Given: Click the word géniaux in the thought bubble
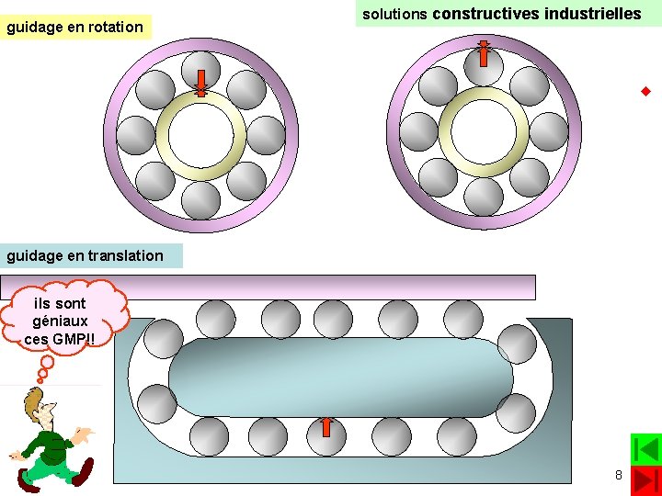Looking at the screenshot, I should click(60, 321).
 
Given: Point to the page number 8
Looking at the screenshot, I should click(618, 475).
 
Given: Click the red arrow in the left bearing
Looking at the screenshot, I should click(201, 82).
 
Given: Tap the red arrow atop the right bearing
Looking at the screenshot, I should click(484, 54).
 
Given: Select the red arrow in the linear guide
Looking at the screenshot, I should click(325, 427).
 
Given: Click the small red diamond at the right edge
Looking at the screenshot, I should click(645, 91).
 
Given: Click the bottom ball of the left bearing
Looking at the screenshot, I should click(200, 197).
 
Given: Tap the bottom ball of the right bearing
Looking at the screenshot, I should click(484, 197).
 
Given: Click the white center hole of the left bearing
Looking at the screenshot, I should click(200, 133).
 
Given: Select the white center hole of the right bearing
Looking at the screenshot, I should click(484, 134).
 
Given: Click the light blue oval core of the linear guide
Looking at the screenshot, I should click(340, 377).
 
